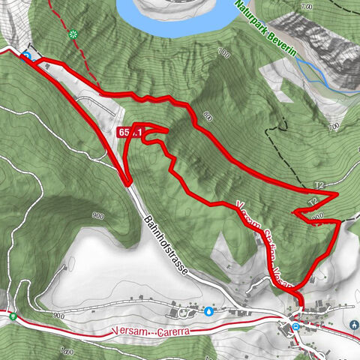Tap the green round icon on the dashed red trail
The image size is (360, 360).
pyautogui.click(x=73, y=34)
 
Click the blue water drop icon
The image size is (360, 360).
pyautogui.click(x=208, y=310)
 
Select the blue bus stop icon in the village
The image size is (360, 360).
pyautogui.click(x=297, y=325)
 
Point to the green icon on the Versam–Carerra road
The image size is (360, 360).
pyautogui.click(x=13, y=316)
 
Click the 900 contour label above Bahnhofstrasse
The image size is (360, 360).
pyautogui.click(x=97, y=215)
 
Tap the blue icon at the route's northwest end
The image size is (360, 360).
pyautogui.click(x=27, y=55)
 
